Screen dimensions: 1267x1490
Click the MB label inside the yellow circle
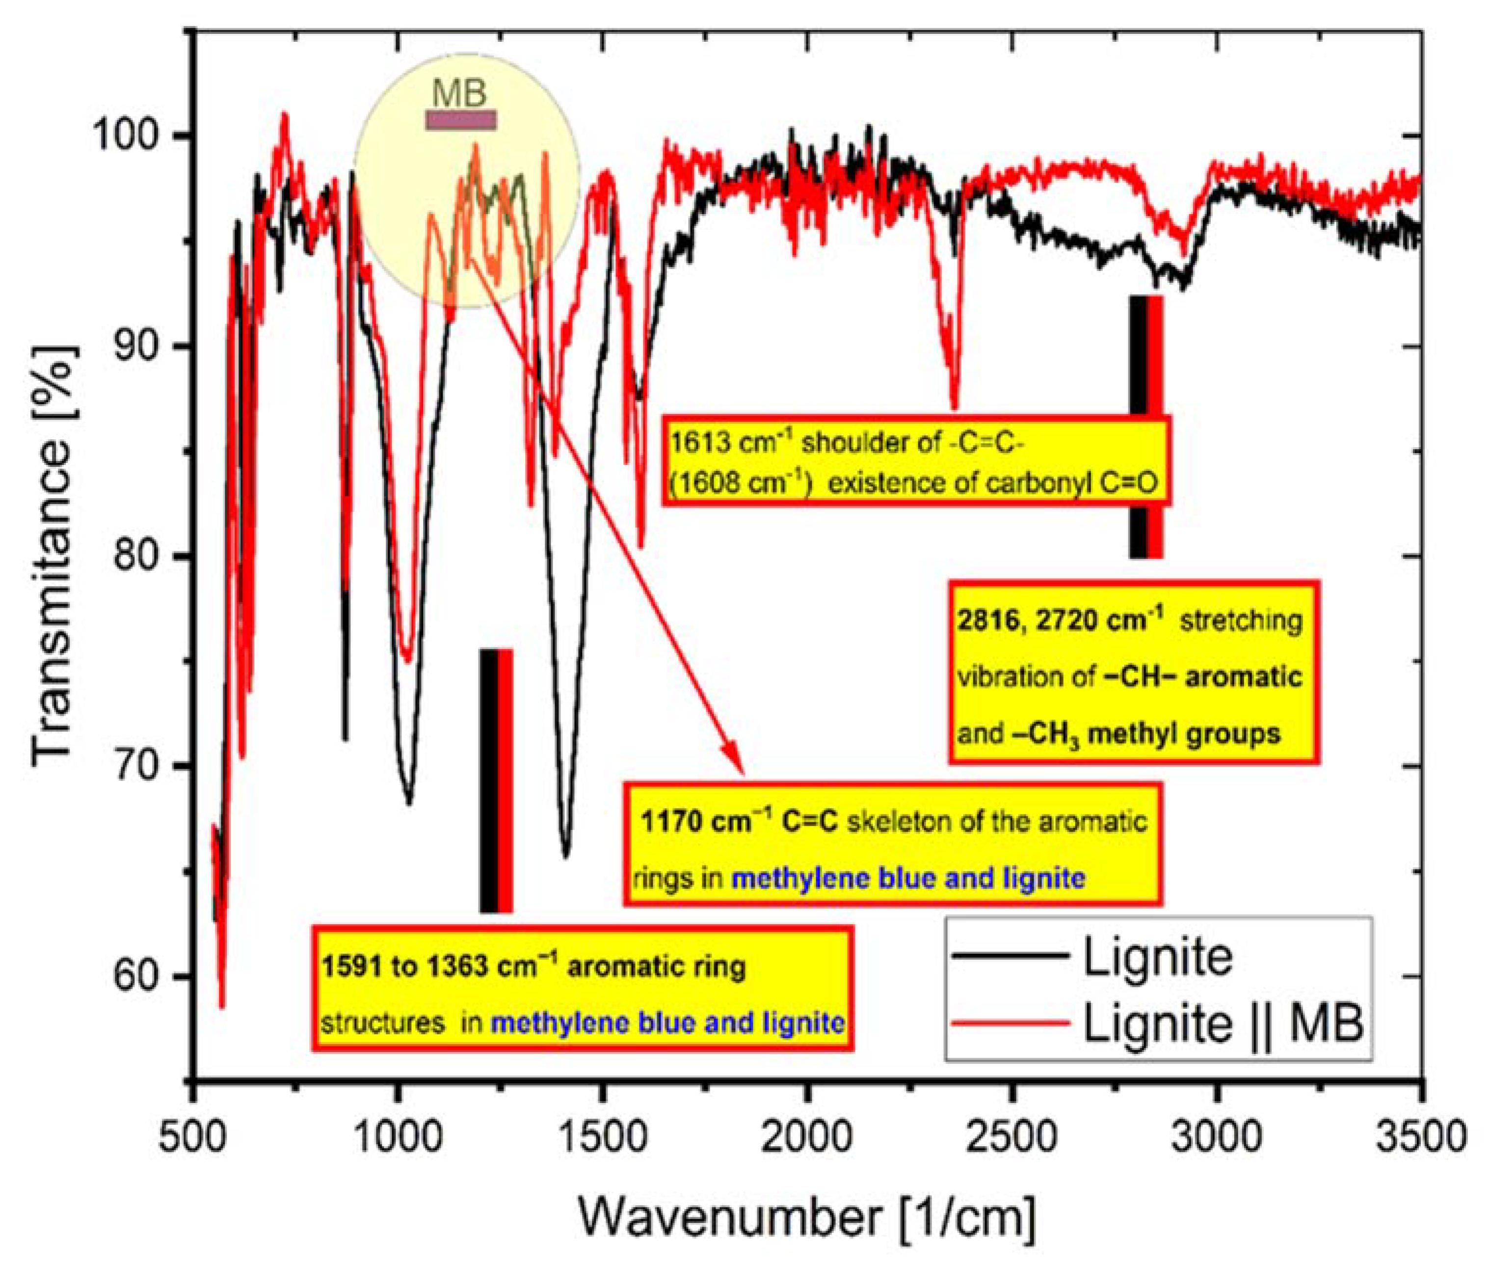pos(459,93)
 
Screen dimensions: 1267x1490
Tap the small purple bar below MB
pos(461,120)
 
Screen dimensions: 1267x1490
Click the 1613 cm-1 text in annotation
pos(732,443)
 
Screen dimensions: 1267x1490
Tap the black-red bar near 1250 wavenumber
pos(496,781)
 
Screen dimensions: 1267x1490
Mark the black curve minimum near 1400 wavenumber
pos(566,855)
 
